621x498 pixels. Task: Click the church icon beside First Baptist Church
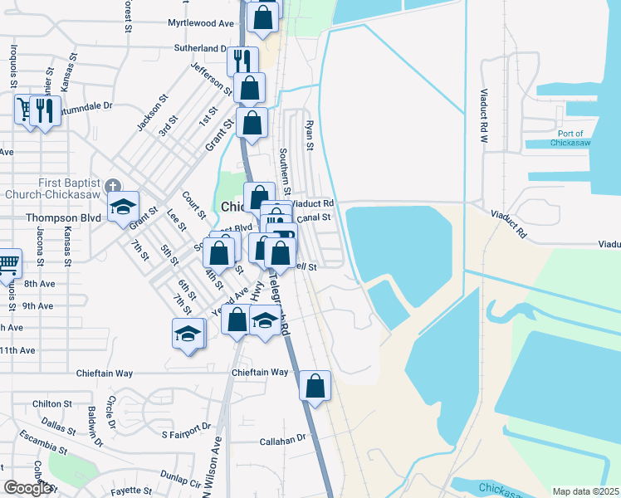[x=114, y=186]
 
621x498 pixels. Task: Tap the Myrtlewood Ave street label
[x=201, y=24]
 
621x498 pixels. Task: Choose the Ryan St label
[x=309, y=134]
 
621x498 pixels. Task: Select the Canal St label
[x=314, y=217]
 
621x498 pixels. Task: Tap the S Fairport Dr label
[x=186, y=431]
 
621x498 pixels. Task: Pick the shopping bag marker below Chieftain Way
[x=315, y=386]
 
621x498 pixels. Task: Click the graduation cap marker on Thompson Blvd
[x=123, y=207]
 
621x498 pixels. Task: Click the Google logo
[x=28, y=488]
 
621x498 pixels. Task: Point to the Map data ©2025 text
[x=585, y=491]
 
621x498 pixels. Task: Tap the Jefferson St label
[x=211, y=78]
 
